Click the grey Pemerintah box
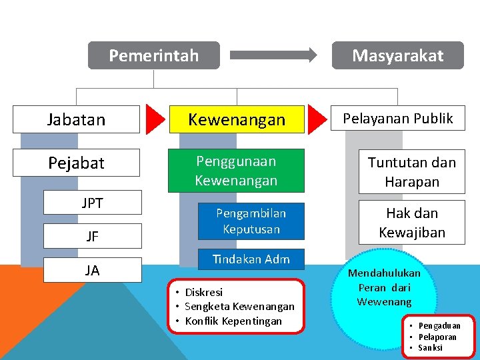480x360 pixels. click(x=154, y=55)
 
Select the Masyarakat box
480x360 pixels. click(x=398, y=55)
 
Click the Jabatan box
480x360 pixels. click(x=77, y=119)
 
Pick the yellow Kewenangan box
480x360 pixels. click(x=237, y=119)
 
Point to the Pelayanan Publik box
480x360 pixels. click(x=398, y=119)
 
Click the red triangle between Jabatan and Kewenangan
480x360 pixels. click(x=155, y=119)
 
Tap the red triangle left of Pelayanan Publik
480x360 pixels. click(x=319, y=119)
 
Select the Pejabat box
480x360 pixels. click(x=77, y=163)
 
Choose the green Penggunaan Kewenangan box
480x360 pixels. click(x=236, y=171)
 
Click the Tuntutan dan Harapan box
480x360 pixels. click(x=412, y=172)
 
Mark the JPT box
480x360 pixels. click(x=93, y=203)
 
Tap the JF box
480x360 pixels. click(x=93, y=236)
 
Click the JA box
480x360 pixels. click(x=93, y=270)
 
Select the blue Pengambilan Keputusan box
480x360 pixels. click(x=251, y=221)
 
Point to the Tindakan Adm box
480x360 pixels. click(x=251, y=259)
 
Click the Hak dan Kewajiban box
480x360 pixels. click(x=412, y=223)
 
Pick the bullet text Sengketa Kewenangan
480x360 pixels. click(x=239, y=307)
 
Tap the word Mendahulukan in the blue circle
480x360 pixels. click(x=385, y=273)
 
